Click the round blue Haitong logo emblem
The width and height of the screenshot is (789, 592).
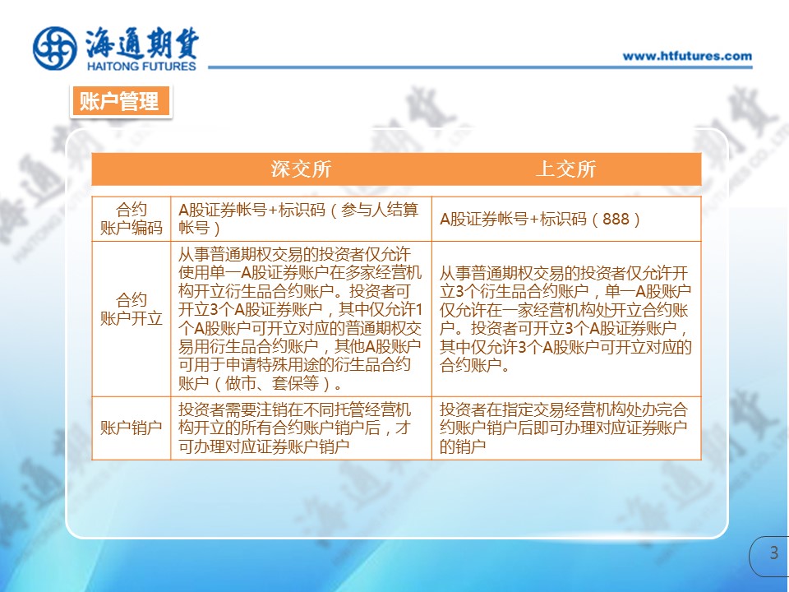click(55, 49)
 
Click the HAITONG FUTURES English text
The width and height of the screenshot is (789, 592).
click(141, 66)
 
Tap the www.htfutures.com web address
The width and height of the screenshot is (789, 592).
click(687, 56)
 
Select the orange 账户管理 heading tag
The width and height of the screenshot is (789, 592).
click(121, 101)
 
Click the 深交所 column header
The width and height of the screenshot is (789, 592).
click(301, 169)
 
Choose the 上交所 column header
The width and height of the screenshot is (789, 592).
click(566, 169)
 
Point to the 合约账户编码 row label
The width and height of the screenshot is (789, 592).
click(131, 219)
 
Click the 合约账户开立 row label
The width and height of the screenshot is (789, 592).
click(131, 309)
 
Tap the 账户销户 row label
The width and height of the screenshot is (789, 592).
click(131, 428)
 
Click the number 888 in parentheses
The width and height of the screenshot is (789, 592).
click(616, 219)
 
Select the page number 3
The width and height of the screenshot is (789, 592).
click(774, 553)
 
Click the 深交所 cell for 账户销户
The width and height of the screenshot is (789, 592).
click(301, 428)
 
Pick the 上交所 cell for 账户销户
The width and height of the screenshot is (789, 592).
click(566, 428)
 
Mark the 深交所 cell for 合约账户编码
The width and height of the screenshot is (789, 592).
click(301, 219)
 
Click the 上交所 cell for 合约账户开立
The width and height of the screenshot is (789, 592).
click(566, 319)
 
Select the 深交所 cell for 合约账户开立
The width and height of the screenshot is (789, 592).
click(301, 319)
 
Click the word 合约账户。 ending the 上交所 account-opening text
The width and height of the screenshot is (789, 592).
click(474, 365)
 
